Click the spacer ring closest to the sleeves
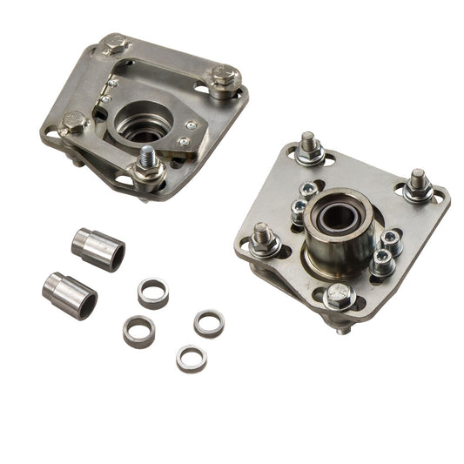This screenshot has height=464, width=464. click(x=153, y=293)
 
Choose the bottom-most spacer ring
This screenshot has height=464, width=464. click(x=191, y=358)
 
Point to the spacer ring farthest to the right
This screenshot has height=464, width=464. click(x=209, y=323)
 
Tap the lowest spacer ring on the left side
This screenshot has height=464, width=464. click(x=138, y=331)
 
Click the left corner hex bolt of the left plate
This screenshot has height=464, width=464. click(x=74, y=124)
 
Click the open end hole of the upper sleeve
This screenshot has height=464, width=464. click(x=114, y=254)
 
